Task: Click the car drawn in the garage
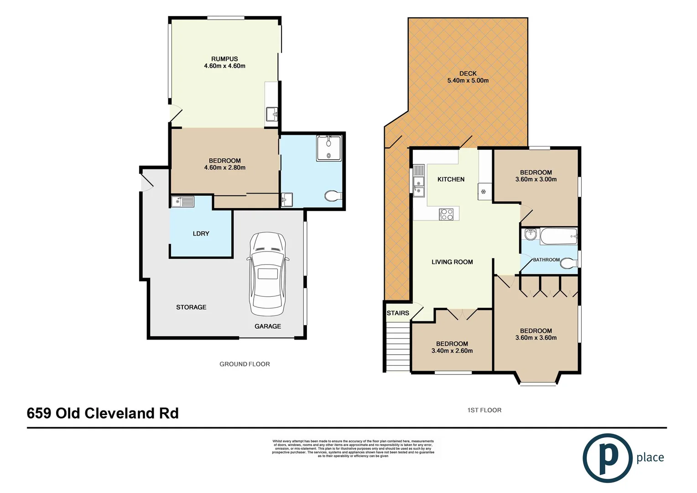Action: (x=268, y=274)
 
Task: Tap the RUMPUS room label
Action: (x=224, y=59)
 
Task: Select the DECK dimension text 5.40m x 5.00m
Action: (x=468, y=81)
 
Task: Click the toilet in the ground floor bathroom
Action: (x=333, y=196)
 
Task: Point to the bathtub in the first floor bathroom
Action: (x=559, y=236)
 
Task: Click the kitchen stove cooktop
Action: (x=446, y=214)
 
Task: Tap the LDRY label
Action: (x=201, y=234)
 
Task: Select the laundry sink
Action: (x=182, y=201)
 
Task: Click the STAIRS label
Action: (x=398, y=313)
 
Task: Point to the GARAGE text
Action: (x=268, y=326)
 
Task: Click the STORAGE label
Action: (x=191, y=307)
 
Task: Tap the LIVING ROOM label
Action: (x=452, y=262)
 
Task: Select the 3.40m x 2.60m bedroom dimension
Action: (x=452, y=351)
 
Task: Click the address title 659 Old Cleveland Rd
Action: (x=103, y=413)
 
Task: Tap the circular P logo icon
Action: (x=607, y=458)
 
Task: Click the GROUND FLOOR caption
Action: (x=244, y=364)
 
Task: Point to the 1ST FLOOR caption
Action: (x=484, y=410)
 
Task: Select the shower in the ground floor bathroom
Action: (x=328, y=148)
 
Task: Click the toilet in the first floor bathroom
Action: (x=568, y=263)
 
